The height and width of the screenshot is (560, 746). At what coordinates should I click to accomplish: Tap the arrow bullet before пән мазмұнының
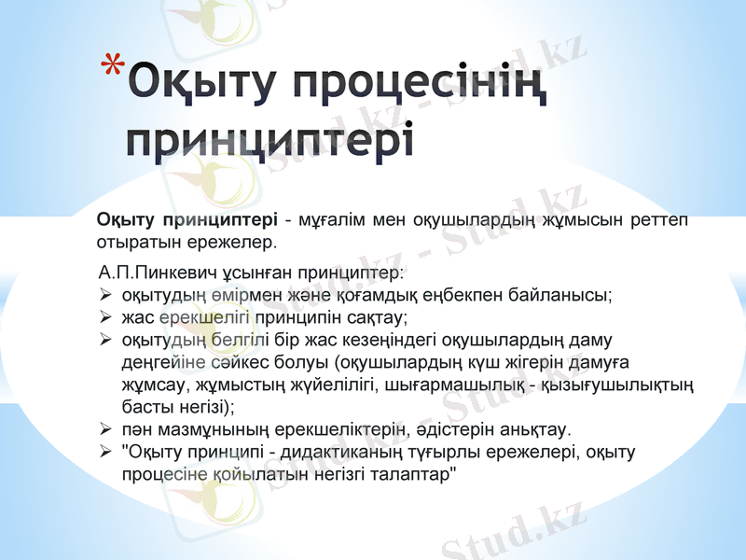click(106, 429)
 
